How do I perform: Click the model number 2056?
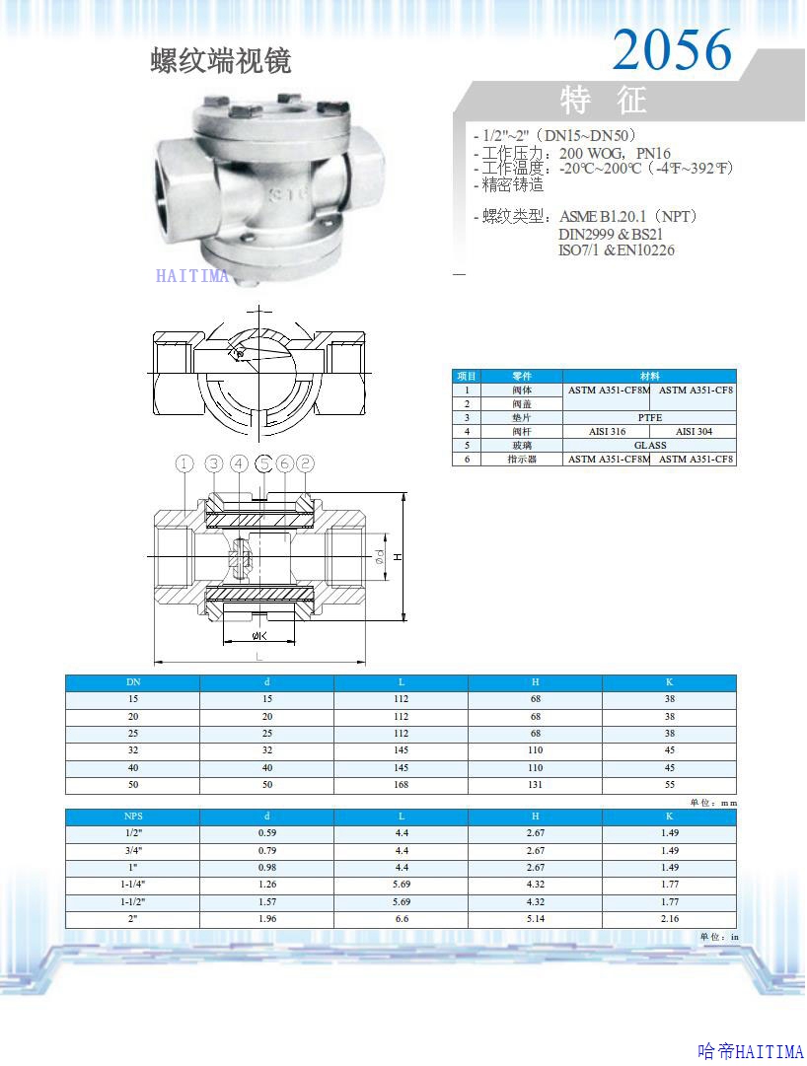[672, 49]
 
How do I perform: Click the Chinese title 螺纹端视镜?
[221, 61]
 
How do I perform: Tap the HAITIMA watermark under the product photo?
[192, 275]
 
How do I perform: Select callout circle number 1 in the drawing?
[184, 463]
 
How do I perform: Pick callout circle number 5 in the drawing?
[263, 463]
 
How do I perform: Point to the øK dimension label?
[259, 636]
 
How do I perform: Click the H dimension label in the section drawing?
[399, 557]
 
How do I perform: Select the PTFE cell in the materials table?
[649, 417]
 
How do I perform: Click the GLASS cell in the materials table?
[650, 446]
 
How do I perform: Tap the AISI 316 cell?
[607, 431]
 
